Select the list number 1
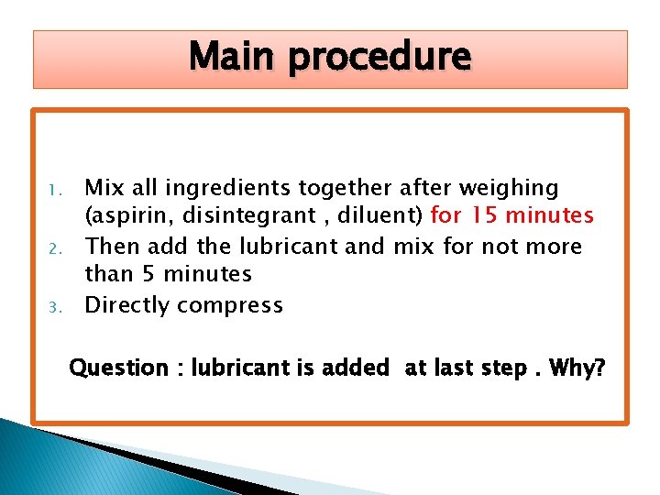point(54,191)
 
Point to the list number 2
point(54,248)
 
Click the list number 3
point(54,307)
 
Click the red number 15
point(484,216)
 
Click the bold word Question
point(119,368)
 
